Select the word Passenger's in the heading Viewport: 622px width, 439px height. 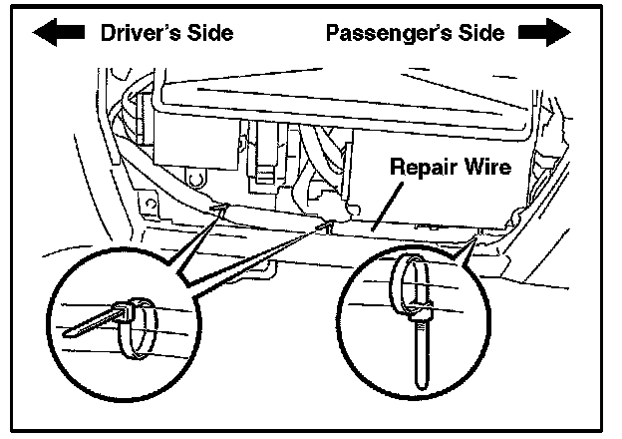pyautogui.click(x=390, y=32)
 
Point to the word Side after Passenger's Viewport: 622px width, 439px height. pyautogui.click(x=482, y=32)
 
